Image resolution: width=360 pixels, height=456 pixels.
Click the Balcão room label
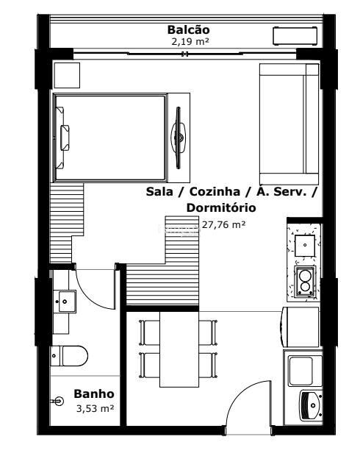(188, 29)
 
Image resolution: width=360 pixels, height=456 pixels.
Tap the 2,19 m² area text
(190, 42)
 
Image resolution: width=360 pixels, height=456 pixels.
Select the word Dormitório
(221, 207)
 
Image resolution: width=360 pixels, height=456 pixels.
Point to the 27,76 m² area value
(223, 224)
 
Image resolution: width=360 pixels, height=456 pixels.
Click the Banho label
(94, 393)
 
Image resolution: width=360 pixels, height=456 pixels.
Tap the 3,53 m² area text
(95, 408)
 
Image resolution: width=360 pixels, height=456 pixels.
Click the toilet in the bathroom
(69, 356)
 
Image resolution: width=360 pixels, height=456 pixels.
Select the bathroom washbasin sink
(65, 302)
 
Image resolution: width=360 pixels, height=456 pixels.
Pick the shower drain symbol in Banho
(59, 402)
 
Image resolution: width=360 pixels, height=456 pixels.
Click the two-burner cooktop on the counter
(305, 281)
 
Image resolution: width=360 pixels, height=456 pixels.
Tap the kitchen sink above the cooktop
(305, 246)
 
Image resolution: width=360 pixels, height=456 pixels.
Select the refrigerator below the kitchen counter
(300, 327)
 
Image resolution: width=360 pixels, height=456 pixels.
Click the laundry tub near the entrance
(311, 405)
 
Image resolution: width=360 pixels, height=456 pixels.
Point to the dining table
(179, 349)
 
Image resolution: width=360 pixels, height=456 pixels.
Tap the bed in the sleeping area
(109, 138)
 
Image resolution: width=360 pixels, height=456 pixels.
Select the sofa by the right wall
(289, 124)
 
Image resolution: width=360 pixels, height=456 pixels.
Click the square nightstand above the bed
(67, 75)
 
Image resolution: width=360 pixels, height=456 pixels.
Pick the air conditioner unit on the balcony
(295, 36)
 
